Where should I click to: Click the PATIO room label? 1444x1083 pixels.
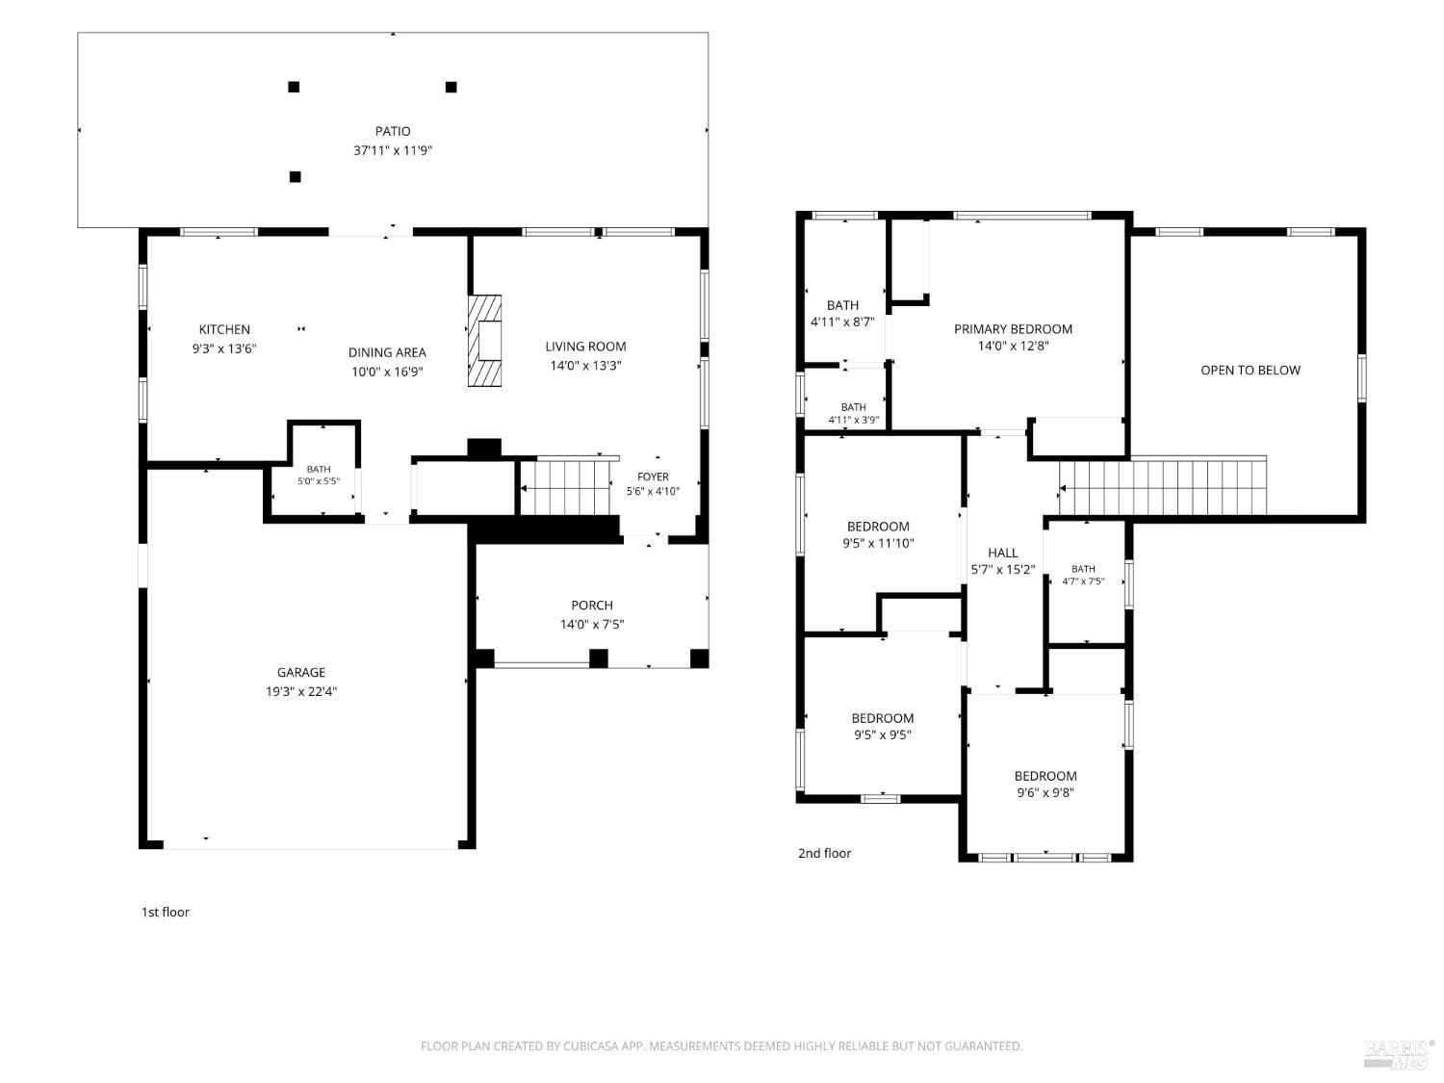[x=393, y=132]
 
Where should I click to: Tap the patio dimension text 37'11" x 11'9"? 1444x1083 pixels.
[x=393, y=150]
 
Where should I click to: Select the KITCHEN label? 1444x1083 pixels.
[x=224, y=329]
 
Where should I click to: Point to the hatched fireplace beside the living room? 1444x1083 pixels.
[x=485, y=341]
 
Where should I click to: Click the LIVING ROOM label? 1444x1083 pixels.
[x=585, y=347]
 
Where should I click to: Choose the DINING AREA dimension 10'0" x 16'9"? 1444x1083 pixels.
[x=387, y=373]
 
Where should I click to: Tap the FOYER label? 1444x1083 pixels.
[x=653, y=477]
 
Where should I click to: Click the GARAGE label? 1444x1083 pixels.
[x=301, y=673]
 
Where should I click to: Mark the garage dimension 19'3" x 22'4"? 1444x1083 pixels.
[x=301, y=692]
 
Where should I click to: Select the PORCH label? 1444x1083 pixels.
[x=592, y=606]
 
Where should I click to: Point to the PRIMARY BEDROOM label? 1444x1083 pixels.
[x=1013, y=329]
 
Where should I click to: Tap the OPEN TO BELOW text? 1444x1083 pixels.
[x=1251, y=371]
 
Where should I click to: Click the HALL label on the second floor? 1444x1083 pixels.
[x=1002, y=553]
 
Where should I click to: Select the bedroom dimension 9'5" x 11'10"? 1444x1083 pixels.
[x=878, y=543]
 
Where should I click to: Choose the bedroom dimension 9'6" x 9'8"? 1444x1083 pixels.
[x=1045, y=793]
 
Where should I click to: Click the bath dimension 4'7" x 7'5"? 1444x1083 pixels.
[x=1084, y=581]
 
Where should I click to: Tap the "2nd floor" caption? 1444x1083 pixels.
[x=824, y=854]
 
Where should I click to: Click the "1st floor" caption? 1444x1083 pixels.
[x=166, y=913]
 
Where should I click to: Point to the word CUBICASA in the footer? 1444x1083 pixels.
[x=589, y=1046]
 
